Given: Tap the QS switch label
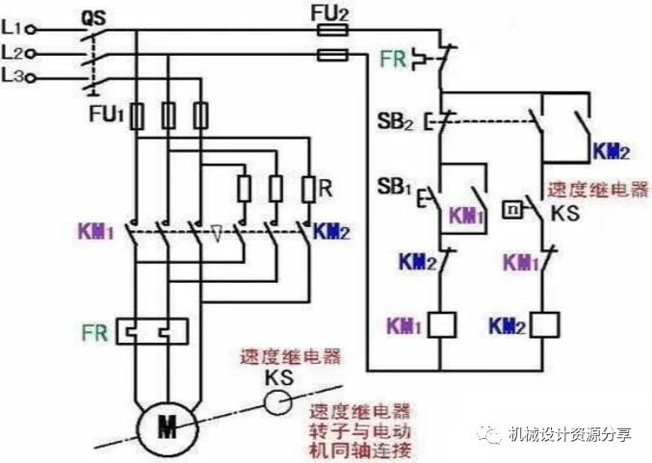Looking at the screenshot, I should coord(92,17).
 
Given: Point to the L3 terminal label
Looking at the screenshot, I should coord(13,74).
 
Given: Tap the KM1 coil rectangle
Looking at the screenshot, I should coord(441,325).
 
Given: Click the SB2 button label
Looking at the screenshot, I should coord(396,123).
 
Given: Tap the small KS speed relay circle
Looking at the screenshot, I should coord(278,399).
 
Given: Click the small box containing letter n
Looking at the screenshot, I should coord(512,208).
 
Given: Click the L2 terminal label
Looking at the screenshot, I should coord(13,52).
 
